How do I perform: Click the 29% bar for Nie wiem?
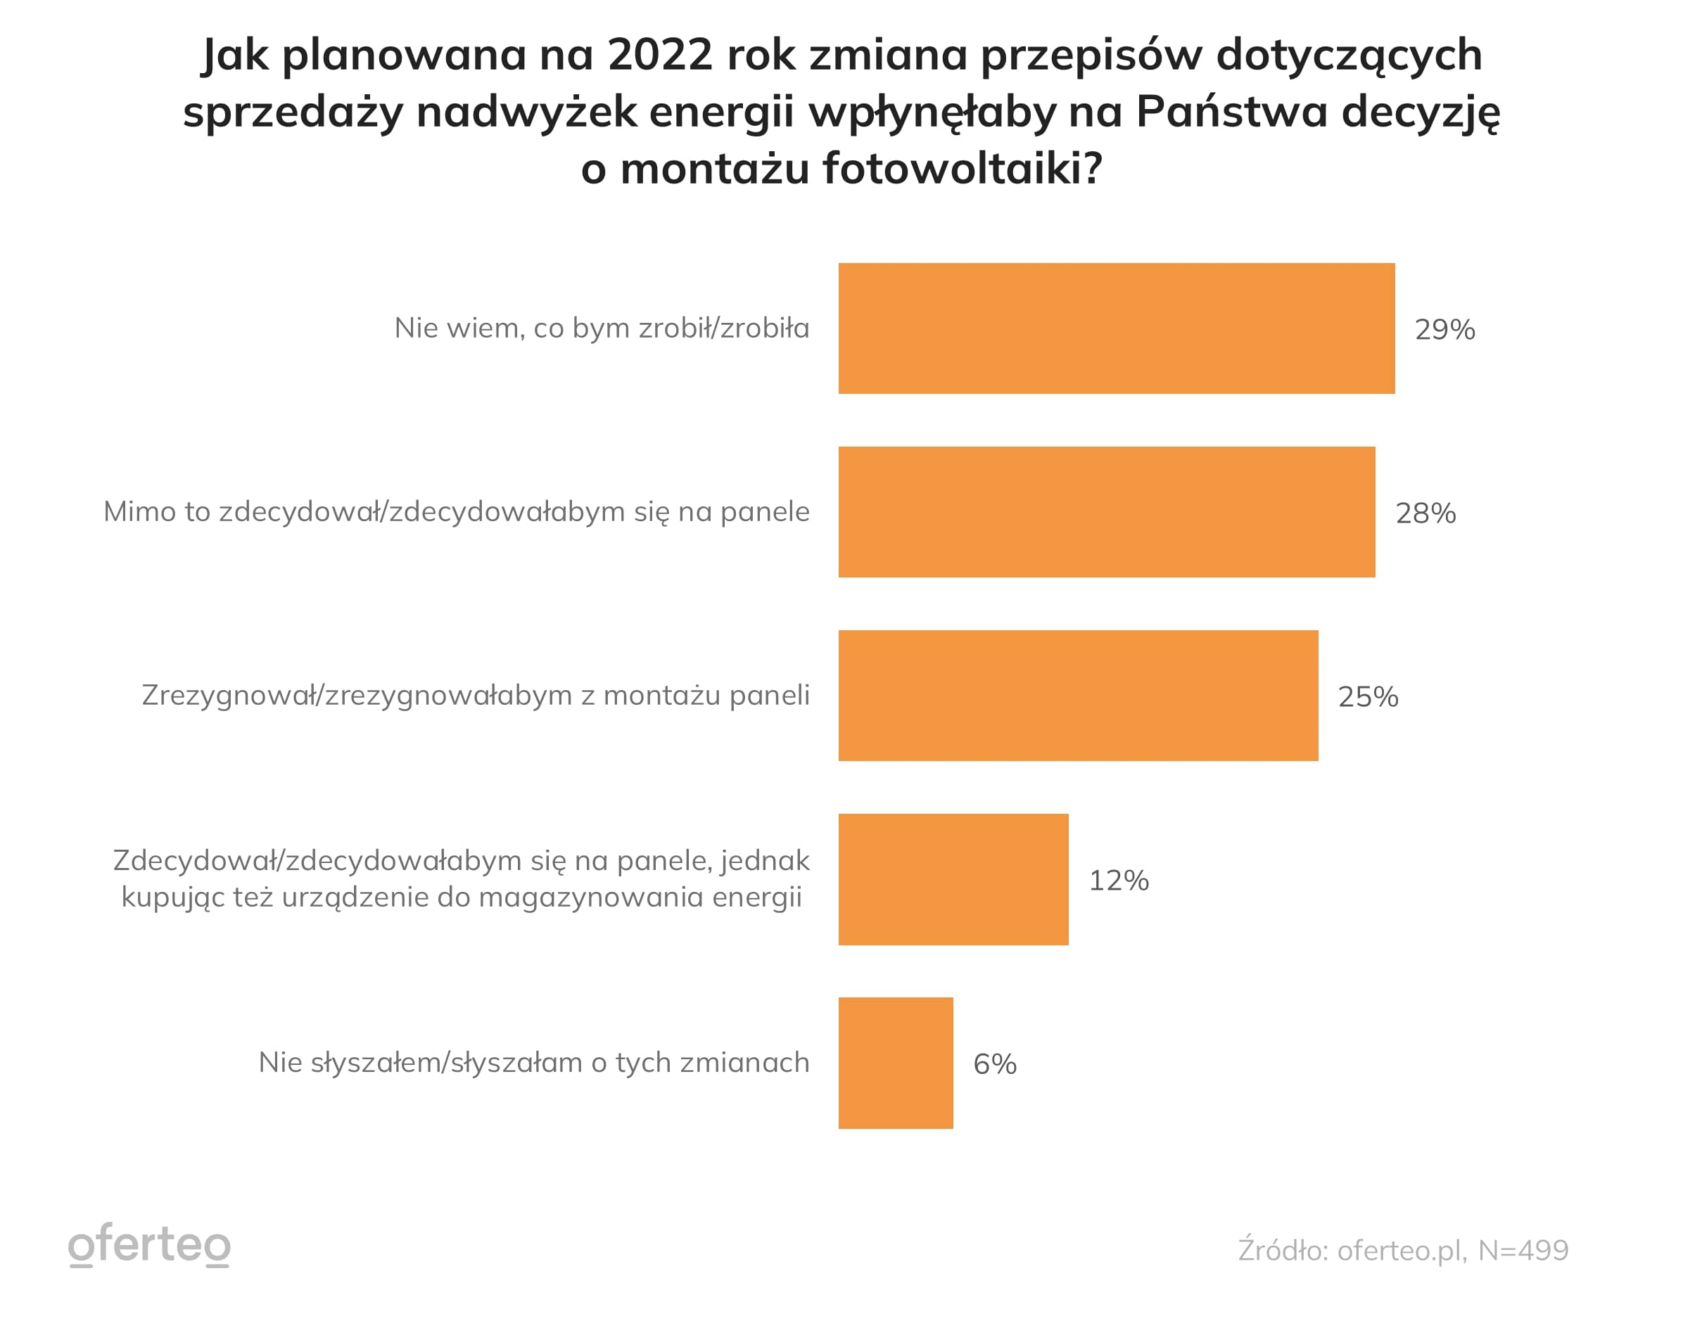(x=1117, y=328)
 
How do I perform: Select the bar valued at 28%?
(x=1106, y=512)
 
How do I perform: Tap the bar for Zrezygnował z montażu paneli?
(x=1078, y=695)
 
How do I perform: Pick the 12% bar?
(x=953, y=879)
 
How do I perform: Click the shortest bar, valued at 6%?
(x=896, y=1063)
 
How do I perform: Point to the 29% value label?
(x=1444, y=330)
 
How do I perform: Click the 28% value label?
(x=1425, y=513)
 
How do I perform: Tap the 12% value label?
(x=1119, y=881)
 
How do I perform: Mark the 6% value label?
(x=994, y=1064)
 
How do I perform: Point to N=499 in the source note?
(x=1523, y=1250)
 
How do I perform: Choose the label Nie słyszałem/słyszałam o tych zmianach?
(x=534, y=1063)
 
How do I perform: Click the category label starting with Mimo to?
(x=457, y=512)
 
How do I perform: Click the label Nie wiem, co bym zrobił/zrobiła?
(x=601, y=328)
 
